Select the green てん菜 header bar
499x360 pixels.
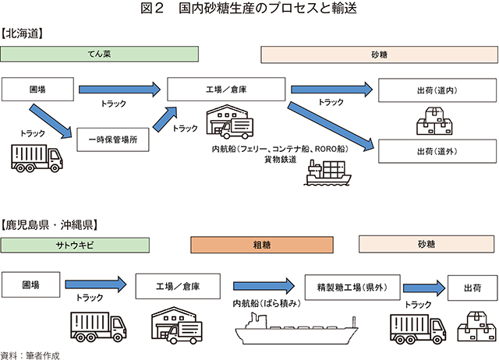[97, 55]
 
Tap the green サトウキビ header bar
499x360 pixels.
[75, 244]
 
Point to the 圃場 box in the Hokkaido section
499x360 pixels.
[37, 89]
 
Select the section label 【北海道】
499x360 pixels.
[23, 34]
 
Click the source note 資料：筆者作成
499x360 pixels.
[30, 354]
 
